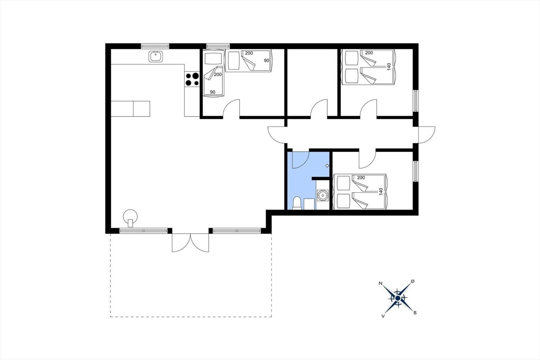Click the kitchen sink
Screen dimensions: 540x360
coord(155,56)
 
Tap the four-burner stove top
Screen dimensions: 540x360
coord(192,79)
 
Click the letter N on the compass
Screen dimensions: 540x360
coord(381,283)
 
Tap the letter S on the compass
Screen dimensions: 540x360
coord(415,313)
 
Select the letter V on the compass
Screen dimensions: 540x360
coord(383,316)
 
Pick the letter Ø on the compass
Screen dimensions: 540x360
coord(412,281)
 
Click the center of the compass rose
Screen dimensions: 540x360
coord(398,299)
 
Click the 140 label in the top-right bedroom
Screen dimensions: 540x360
coord(388,67)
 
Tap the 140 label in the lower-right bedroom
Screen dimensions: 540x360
coord(381,191)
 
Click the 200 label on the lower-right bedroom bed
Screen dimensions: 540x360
coord(361,178)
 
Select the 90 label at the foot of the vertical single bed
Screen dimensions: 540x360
coord(213,92)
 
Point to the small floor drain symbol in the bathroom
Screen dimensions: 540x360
coord(327,165)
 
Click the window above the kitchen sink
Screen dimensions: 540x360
coord(155,46)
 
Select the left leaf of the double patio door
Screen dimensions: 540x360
coord(181,243)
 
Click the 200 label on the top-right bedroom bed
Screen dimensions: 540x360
coord(369,53)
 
